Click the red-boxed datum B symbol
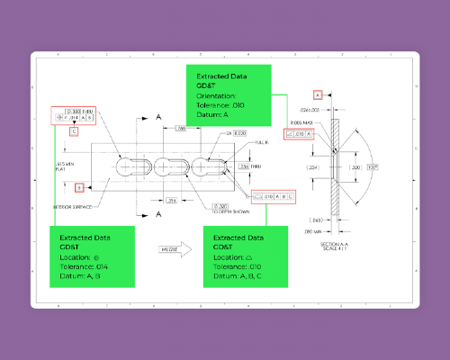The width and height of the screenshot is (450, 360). [79, 187]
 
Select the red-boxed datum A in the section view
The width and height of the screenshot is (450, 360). [317, 94]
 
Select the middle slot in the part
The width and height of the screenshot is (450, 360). [167, 167]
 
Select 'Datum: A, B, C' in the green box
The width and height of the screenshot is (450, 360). [239, 277]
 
